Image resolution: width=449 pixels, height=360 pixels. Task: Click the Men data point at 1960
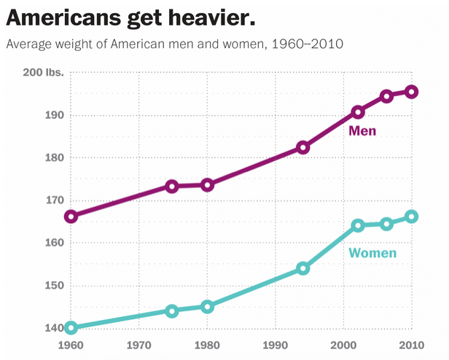(71, 216)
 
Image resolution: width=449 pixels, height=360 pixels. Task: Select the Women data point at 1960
(71, 328)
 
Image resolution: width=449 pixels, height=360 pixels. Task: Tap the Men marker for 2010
(411, 92)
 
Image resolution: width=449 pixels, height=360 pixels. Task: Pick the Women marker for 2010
(411, 216)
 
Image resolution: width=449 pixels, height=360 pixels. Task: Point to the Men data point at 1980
(208, 185)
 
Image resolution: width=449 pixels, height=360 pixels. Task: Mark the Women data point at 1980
(208, 307)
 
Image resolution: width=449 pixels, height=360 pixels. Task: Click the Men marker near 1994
(303, 147)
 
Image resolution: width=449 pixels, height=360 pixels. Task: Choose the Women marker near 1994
(303, 268)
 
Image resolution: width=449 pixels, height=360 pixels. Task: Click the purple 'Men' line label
(362, 131)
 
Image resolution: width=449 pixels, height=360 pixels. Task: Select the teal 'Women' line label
(372, 254)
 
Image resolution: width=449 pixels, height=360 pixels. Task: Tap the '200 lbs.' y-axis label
(43, 73)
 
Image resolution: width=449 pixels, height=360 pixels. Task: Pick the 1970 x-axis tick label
(139, 344)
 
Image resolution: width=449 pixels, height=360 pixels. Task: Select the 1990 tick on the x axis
(276, 344)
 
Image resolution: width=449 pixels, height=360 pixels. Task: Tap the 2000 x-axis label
(343, 344)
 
